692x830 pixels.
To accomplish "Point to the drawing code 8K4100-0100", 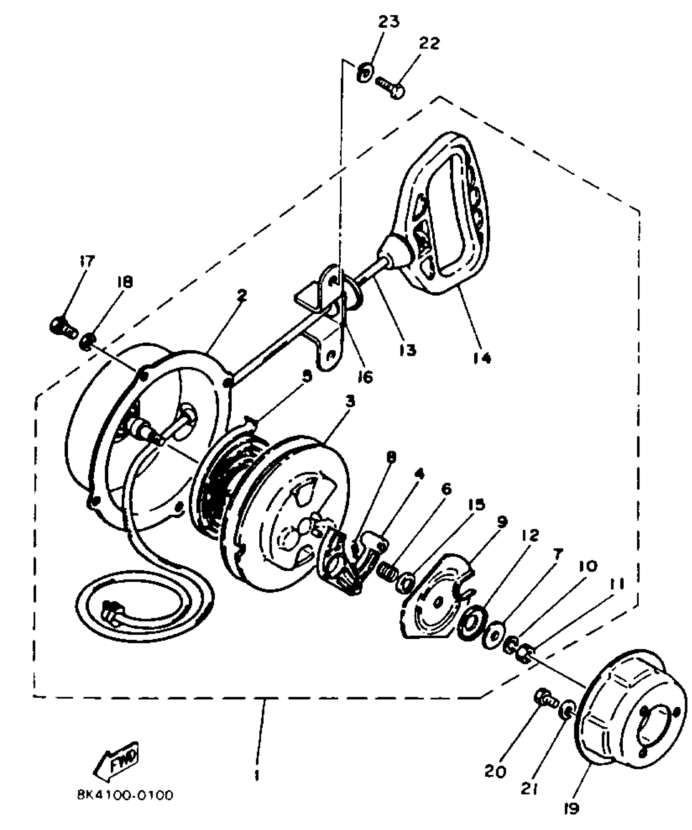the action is (124, 795).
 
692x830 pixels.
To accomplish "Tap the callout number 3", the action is (350, 402).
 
